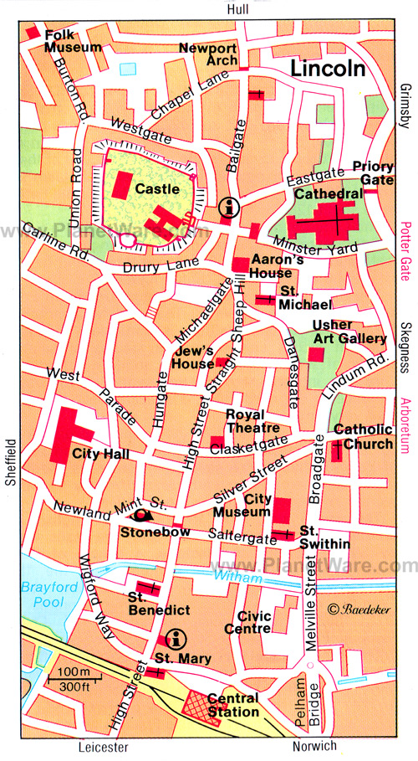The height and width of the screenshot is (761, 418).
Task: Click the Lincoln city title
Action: pyautogui.click(x=328, y=69)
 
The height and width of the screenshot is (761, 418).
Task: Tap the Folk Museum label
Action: pyautogui.click(x=73, y=41)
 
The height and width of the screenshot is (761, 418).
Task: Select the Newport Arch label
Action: pyautogui.click(x=208, y=54)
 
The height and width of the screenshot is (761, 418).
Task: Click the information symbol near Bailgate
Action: pyautogui.click(x=227, y=207)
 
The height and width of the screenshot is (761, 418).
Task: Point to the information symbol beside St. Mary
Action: pyautogui.click(x=175, y=640)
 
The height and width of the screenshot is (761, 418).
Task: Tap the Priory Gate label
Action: pyautogui.click(x=372, y=172)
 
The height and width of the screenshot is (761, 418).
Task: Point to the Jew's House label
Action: pyautogui.click(x=193, y=357)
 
